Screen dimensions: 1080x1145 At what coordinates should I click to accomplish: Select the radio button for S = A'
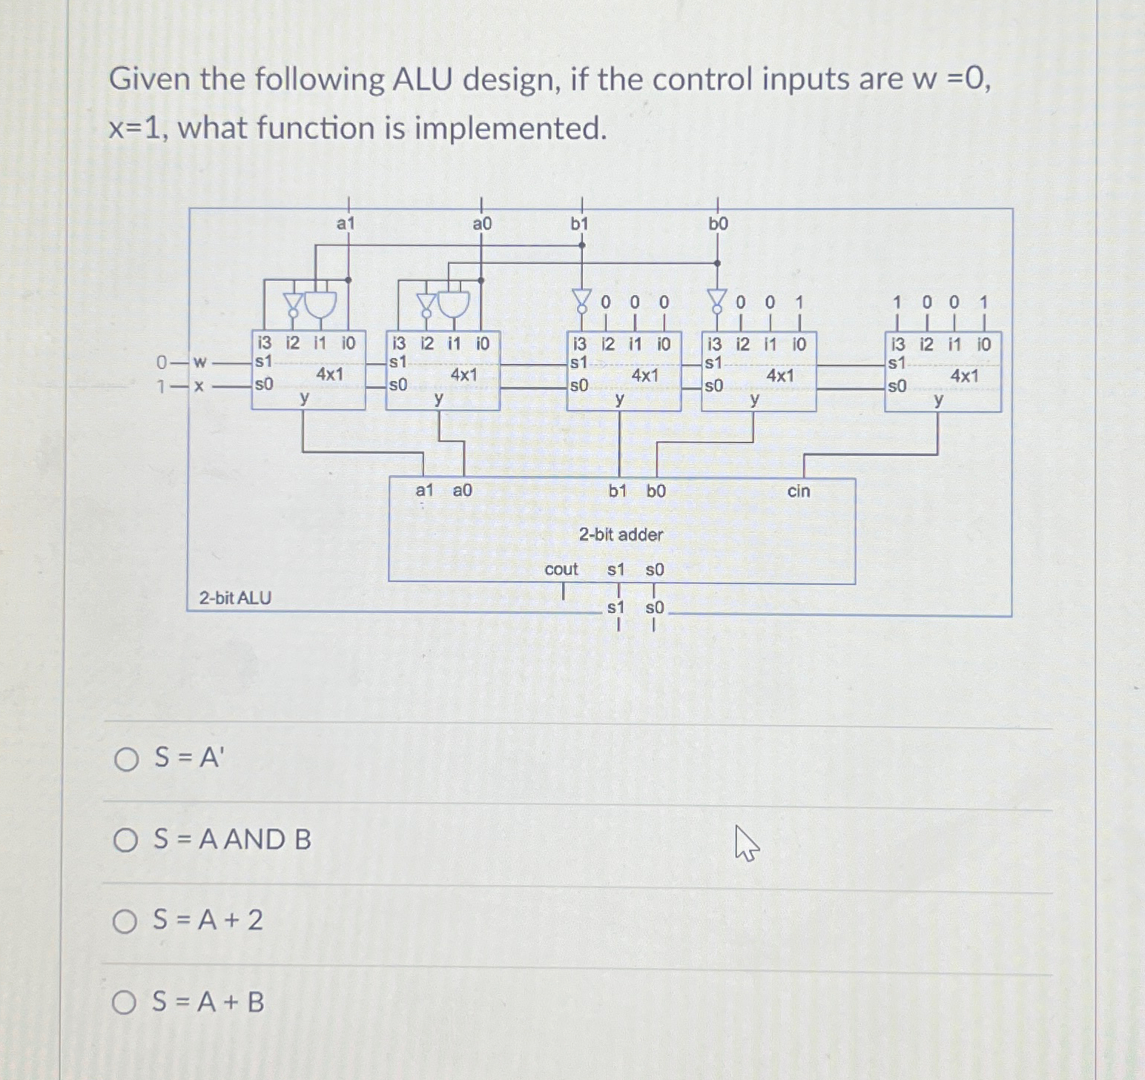(x=126, y=759)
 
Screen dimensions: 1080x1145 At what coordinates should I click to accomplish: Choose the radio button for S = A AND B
(x=125, y=840)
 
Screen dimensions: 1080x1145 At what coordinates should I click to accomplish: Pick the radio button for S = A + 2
(x=125, y=921)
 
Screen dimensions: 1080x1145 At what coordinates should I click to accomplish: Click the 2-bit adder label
(x=621, y=534)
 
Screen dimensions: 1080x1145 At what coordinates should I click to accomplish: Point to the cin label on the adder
(x=799, y=491)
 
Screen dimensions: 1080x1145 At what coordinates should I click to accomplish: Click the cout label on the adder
(x=561, y=569)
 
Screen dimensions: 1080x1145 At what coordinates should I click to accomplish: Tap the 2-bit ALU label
(x=235, y=597)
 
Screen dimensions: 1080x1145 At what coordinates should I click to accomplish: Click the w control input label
(x=199, y=362)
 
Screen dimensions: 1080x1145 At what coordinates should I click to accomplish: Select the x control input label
(x=199, y=386)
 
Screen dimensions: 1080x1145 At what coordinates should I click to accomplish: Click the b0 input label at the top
(x=718, y=224)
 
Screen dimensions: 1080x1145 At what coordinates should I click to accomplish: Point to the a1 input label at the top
(x=346, y=223)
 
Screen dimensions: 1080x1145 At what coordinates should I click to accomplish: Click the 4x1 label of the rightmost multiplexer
(x=964, y=376)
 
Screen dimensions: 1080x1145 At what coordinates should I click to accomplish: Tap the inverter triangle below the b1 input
(x=582, y=299)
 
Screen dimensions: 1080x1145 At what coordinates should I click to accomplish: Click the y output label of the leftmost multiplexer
(x=304, y=398)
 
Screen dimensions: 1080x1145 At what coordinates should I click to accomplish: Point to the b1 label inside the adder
(x=618, y=491)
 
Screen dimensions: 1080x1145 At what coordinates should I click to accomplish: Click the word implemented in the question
(x=510, y=128)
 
